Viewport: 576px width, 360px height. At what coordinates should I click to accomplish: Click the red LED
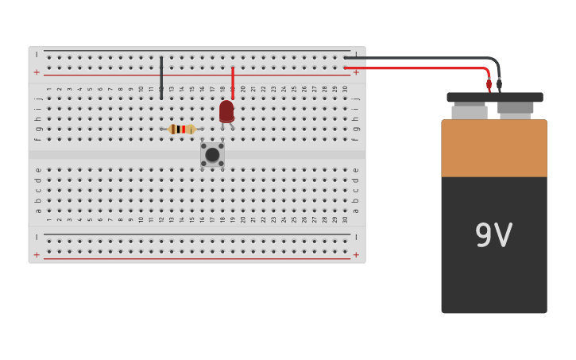tap(226, 111)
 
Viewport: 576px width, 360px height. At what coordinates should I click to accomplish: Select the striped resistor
tap(182, 129)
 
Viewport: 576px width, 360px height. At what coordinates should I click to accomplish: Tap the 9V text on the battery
tap(493, 235)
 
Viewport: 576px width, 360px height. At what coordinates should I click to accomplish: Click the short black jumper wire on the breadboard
tap(161, 77)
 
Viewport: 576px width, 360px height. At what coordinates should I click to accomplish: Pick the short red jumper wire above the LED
tap(233, 82)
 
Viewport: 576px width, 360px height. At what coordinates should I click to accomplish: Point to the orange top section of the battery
tap(493, 148)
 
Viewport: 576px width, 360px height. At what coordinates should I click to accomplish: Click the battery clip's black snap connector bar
tap(494, 98)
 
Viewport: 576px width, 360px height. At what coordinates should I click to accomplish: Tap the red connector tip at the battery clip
tap(489, 85)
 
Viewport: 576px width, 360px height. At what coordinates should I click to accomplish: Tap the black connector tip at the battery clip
tap(499, 84)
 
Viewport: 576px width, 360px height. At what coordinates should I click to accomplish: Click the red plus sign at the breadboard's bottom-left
tap(37, 255)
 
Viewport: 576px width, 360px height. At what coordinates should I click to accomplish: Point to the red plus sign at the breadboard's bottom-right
tap(356, 255)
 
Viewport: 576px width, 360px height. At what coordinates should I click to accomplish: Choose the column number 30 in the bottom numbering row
tap(345, 219)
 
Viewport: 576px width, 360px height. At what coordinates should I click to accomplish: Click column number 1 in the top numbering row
tap(48, 90)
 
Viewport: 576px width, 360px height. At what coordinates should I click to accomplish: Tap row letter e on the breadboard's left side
tap(37, 169)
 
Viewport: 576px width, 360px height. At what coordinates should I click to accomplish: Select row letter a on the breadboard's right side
tap(355, 211)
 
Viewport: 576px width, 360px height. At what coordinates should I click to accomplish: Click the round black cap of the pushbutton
tap(212, 155)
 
